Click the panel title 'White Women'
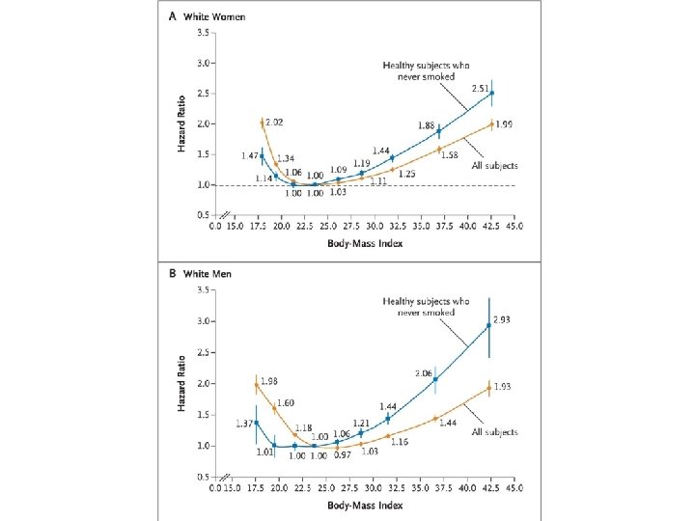218,16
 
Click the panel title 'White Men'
214,273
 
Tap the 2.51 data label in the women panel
481,88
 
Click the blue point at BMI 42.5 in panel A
491,94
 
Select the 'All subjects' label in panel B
493,431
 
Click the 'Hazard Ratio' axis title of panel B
181,383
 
